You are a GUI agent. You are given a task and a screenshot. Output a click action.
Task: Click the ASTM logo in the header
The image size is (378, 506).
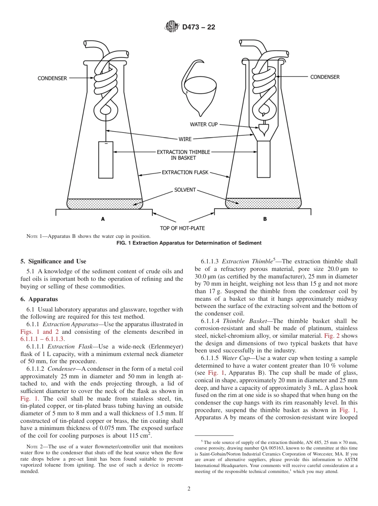click(x=171, y=27)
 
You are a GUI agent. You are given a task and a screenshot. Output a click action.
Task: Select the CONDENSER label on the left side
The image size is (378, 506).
click(x=53, y=78)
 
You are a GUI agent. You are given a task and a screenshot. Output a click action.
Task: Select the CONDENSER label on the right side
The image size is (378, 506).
click(x=325, y=77)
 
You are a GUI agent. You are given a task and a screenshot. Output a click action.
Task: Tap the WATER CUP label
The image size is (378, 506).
click(x=204, y=125)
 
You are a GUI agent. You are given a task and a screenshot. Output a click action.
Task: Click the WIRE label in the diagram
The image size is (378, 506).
click(x=185, y=139)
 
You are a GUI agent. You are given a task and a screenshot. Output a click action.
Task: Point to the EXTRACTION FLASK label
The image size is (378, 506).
click(x=185, y=173)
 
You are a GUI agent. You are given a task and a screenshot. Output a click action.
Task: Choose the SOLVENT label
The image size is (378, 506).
click(x=185, y=190)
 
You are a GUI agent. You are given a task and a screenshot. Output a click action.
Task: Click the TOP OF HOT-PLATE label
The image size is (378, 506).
click(x=182, y=228)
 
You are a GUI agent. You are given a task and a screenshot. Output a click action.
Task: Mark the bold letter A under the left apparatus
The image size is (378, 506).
click(x=103, y=219)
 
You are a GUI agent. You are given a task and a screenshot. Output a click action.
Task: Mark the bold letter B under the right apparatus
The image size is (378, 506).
click(x=265, y=219)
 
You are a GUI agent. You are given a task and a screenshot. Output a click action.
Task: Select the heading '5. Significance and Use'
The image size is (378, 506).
click(x=53, y=261)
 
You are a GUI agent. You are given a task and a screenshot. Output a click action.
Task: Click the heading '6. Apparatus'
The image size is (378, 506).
click(x=39, y=299)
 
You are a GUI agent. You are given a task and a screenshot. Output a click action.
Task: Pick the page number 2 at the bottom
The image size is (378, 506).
click(x=189, y=489)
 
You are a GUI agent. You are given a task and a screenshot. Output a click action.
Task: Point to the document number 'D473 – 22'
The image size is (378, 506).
click(x=199, y=27)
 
